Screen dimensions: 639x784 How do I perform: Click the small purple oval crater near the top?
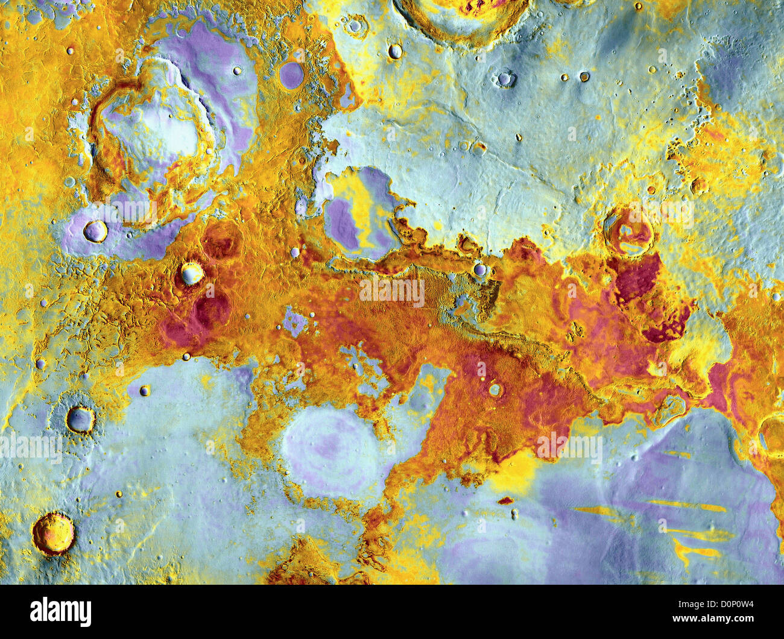[291, 75]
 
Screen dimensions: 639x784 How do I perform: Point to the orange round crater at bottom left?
[53, 534]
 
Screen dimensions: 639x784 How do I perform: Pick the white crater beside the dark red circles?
[192, 274]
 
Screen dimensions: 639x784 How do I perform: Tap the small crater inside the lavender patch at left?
[95, 231]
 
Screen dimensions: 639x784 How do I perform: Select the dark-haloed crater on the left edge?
[80, 418]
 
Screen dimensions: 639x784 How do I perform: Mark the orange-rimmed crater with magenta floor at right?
[627, 231]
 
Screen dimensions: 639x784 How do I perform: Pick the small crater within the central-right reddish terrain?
[495, 390]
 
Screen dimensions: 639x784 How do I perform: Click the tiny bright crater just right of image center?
[479, 269]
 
